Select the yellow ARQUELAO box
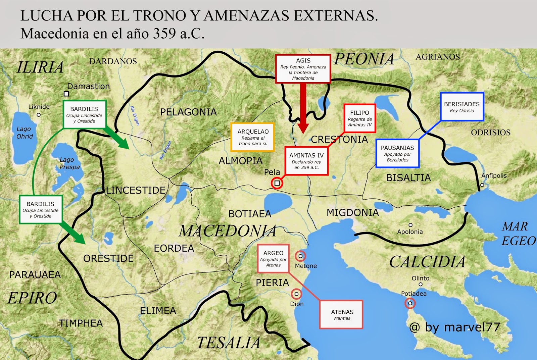tap(252, 137)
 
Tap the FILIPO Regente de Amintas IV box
tap(359, 118)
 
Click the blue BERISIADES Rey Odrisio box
tap(462, 107)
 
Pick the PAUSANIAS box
tap(397, 153)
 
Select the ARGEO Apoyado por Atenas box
tap(273, 258)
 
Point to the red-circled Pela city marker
tap(277, 183)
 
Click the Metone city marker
tap(300, 256)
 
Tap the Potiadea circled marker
tap(410, 303)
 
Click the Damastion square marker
tap(66, 94)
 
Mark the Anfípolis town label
tap(494, 175)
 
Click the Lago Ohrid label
tap(25, 133)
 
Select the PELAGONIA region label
tap(188, 112)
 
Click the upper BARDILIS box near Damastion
tap(85, 115)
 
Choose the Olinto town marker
tap(421, 285)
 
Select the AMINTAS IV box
tap(306, 161)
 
